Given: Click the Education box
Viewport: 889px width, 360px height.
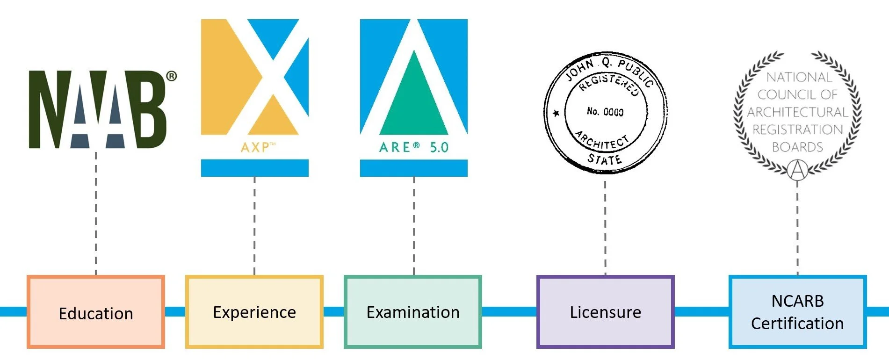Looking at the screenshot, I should (x=96, y=312).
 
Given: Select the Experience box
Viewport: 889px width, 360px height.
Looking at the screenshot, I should (x=254, y=312).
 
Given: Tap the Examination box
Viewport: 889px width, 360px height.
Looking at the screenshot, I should (x=413, y=312).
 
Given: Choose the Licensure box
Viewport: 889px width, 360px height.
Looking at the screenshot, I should (x=605, y=312).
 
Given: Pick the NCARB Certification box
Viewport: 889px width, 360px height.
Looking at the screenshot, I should (x=797, y=312).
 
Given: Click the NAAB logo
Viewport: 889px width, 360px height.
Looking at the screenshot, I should (x=97, y=110).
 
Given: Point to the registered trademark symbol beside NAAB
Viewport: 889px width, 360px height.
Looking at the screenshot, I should (x=172, y=76).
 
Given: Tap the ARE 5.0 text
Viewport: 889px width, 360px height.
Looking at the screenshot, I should (x=413, y=147).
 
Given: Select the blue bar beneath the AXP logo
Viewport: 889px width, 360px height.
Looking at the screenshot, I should (x=254, y=168).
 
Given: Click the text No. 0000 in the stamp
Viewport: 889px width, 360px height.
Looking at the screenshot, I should (x=605, y=112).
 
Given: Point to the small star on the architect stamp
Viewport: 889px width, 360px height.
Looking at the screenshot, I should (x=556, y=113).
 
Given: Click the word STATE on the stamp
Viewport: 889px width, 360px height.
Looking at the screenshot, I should (x=605, y=159).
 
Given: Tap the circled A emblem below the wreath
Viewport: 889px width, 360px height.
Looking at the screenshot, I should (x=798, y=170).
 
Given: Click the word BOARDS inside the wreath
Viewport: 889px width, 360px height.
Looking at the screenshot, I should (x=797, y=147).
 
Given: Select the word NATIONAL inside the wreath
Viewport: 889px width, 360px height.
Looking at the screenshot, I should (x=799, y=77).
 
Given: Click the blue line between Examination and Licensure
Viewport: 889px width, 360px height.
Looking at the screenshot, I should (x=509, y=311).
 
